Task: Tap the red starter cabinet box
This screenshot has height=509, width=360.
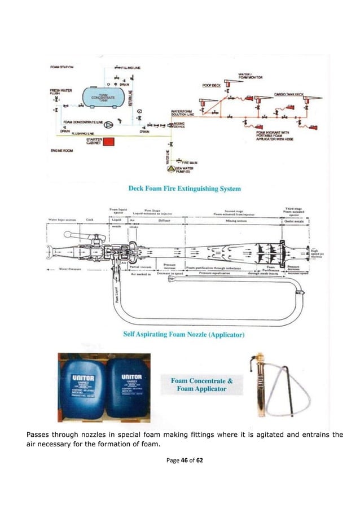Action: tap(109, 142)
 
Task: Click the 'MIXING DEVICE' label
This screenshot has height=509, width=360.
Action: tap(179, 126)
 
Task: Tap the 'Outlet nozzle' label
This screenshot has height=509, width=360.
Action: tap(294, 221)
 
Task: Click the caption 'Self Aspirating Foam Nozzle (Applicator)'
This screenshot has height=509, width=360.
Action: tap(183, 334)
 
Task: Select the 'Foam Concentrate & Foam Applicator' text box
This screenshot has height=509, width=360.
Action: tap(199, 384)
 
